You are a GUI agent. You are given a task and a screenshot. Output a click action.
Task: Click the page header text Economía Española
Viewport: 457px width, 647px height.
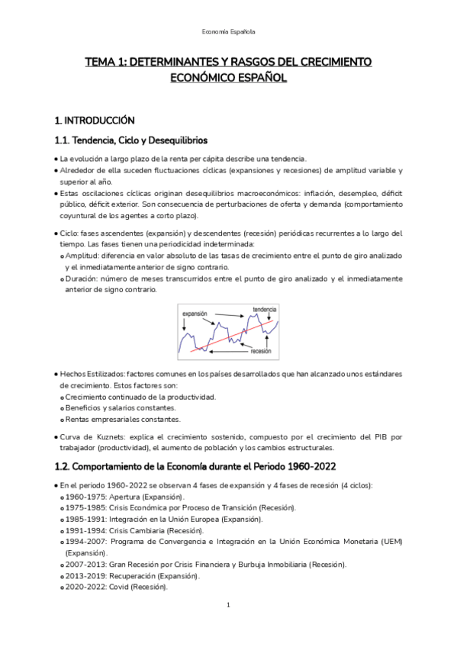pos(228,32)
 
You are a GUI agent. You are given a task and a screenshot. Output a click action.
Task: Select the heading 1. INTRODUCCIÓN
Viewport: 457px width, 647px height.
pos(95,121)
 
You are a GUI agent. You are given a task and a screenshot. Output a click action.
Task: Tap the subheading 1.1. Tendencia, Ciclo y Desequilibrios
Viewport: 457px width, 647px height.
pos(132,140)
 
